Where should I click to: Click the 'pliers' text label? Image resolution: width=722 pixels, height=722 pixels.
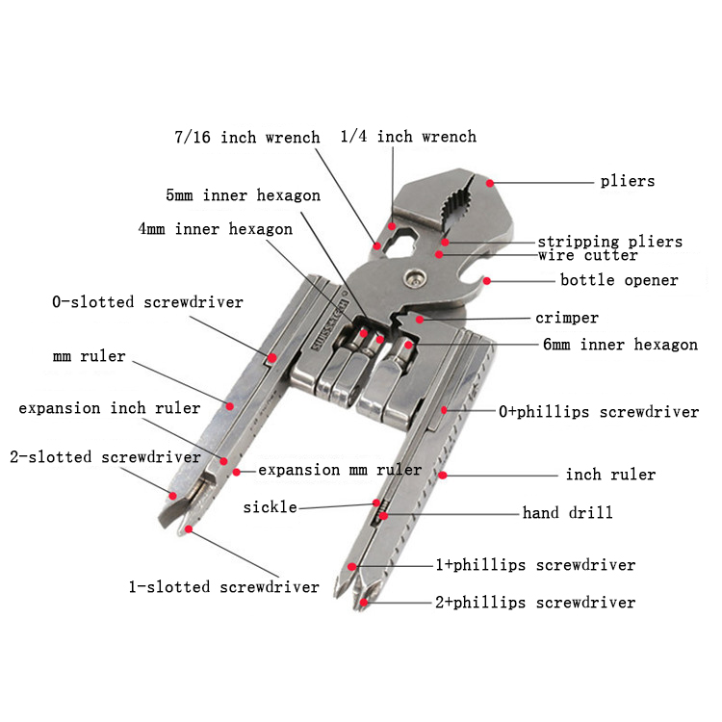point(627,181)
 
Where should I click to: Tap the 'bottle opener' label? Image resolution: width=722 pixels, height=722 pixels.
point(619,281)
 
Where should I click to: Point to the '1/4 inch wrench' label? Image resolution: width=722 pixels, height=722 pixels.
point(408,137)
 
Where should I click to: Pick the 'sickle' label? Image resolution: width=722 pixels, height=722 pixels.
point(270,506)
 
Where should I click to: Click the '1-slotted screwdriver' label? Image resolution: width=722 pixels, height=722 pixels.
point(224,586)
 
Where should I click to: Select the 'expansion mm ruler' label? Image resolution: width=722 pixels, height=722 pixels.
point(340,471)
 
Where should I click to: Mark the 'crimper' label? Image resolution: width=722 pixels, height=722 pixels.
point(567,318)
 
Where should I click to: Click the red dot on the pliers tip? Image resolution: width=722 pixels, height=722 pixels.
point(490,181)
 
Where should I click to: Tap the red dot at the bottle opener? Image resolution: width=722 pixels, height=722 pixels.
point(487,281)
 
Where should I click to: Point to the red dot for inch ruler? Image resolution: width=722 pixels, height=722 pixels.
point(443,475)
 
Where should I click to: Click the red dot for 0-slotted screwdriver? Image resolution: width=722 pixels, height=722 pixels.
point(272,358)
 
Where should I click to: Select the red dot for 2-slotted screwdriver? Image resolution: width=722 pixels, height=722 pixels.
point(173,496)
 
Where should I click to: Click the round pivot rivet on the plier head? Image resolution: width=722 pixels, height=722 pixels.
point(415,276)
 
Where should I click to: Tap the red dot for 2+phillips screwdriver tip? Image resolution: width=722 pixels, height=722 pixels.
point(365,604)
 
